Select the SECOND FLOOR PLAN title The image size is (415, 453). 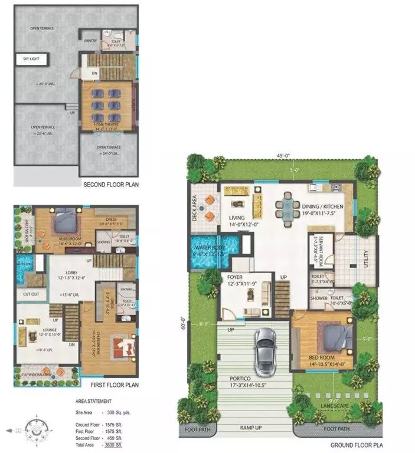pos(110,183)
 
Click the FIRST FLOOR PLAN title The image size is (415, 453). pos(110,385)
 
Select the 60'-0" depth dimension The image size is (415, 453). pos(184,323)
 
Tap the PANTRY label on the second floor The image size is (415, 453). pos(90,40)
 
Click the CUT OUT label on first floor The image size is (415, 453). pos(31,293)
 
